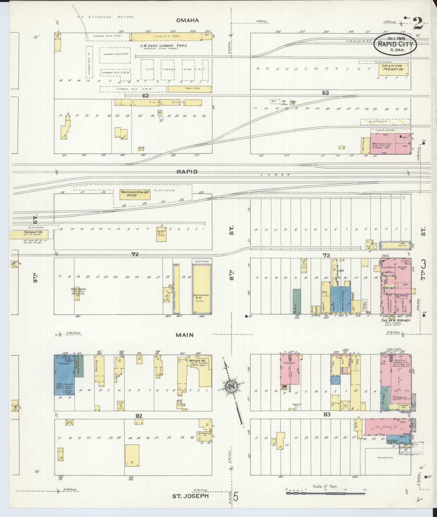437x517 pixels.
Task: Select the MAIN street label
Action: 185,335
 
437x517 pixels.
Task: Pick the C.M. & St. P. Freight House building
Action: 394,68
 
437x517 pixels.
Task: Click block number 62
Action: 145,96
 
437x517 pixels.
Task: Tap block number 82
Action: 139,423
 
